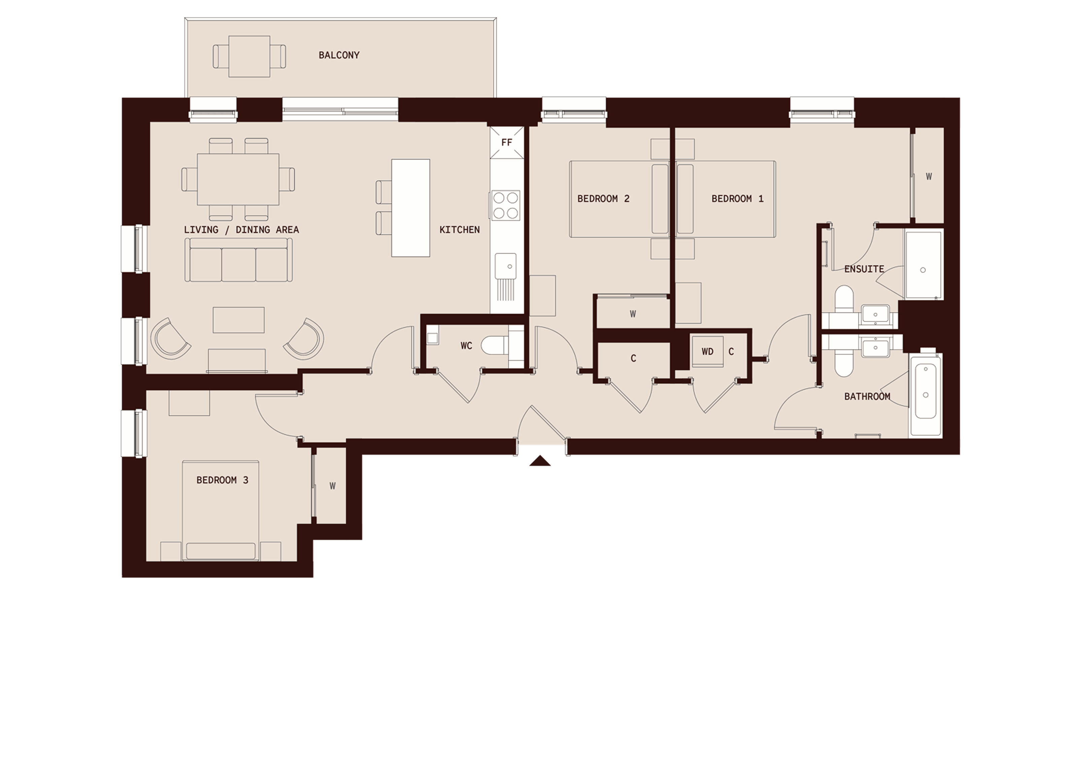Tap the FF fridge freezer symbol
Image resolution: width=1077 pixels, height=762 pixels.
click(x=507, y=142)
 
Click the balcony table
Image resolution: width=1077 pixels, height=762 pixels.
click(x=249, y=56)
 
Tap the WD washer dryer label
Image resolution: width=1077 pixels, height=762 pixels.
click(x=707, y=351)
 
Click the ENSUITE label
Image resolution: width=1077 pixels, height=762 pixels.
click(x=864, y=269)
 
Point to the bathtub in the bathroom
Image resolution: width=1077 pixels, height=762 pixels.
click(x=925, y=395)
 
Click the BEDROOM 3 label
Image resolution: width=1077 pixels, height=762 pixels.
click(x=222, y=480)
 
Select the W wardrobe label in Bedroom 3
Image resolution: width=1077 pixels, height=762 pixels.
click(x=333, y=486)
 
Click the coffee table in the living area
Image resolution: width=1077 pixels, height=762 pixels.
click(x=238, y=320)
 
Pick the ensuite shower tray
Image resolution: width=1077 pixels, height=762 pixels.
click(x=923, y=264)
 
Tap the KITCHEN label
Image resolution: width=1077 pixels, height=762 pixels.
click(x=459, y=230)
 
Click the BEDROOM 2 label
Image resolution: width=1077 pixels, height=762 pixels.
click(x=603, y=199)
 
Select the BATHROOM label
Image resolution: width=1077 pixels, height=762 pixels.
click(x=867, y=396)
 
